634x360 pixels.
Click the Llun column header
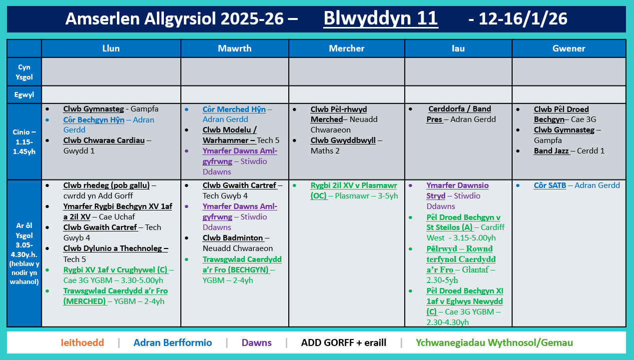111,48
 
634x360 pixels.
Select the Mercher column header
346,48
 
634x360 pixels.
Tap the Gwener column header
569,48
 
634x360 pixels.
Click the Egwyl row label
24,93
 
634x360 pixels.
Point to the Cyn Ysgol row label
24,71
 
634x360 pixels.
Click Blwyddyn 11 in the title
381,19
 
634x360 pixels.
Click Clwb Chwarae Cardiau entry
103,140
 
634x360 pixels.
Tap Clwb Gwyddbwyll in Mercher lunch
343,140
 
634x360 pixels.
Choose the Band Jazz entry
552,150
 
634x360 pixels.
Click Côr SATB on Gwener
550,185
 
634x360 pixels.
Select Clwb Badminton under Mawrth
233,238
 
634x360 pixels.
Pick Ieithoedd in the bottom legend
82,343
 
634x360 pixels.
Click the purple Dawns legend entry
256,343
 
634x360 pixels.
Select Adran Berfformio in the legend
172,343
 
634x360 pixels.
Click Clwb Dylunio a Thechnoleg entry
115,248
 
